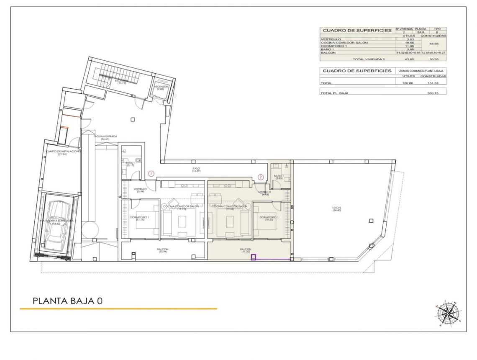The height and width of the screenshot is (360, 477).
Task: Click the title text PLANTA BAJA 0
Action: [x=67, y=301]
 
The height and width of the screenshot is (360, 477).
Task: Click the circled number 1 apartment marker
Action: [x=152, y=173]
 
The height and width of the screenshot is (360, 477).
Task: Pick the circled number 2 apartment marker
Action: [x=262, y=177]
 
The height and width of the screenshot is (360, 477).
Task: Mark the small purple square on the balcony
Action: [x=253, y=258]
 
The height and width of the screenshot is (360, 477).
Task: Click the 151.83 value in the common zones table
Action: [x=432, y=83]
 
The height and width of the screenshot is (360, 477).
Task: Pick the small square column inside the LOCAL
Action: [x=371, y=221]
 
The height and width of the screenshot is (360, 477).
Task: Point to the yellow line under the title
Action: [x=118, y=309]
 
